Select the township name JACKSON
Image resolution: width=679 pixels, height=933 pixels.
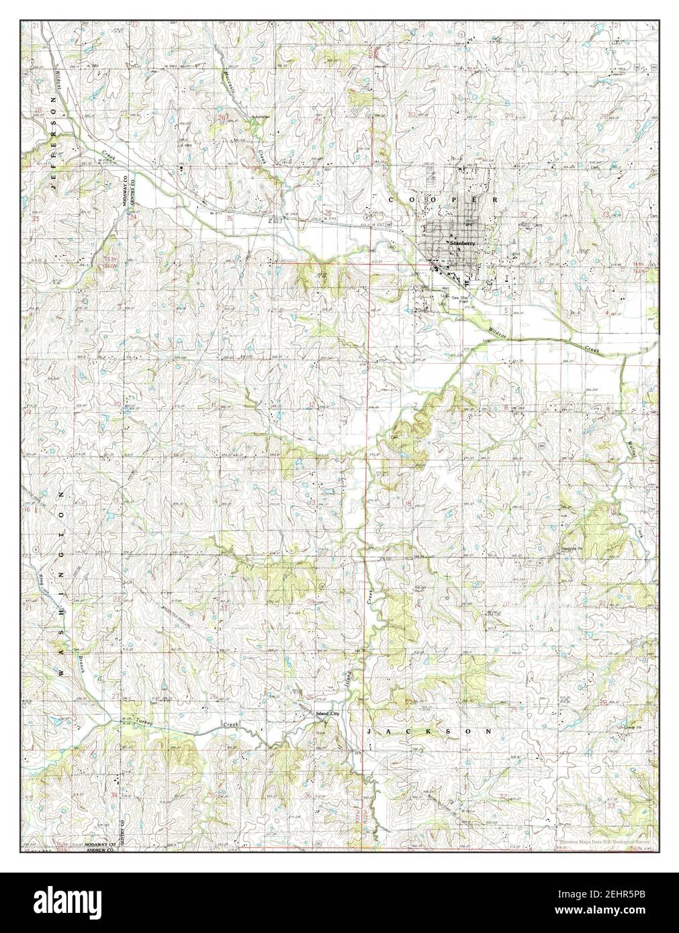(429, 730)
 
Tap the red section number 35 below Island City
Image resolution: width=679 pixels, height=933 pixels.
(214, 796)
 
